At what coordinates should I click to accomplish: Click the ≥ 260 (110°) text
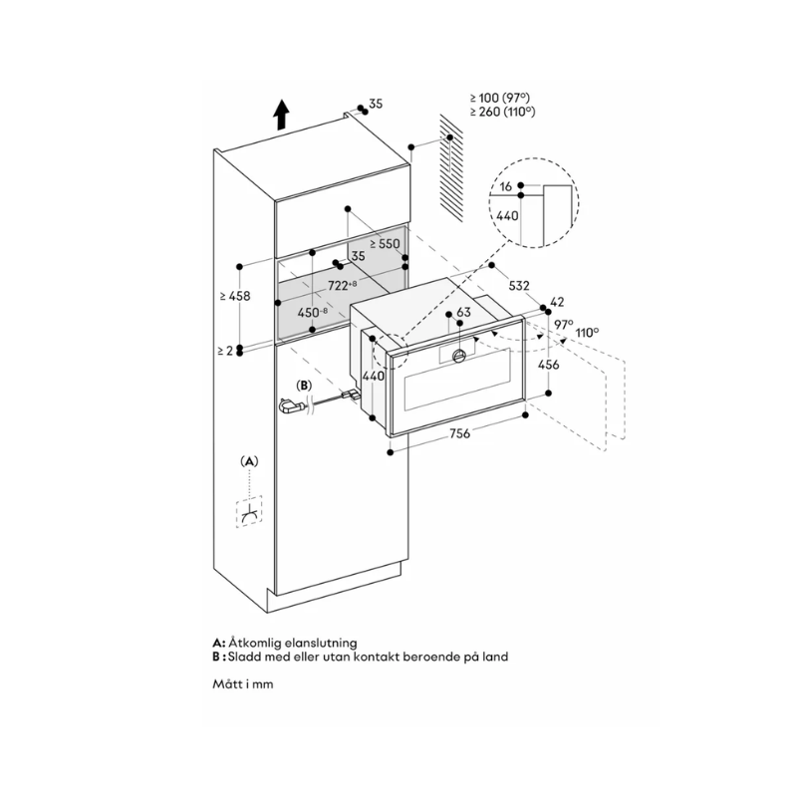pos(503,112)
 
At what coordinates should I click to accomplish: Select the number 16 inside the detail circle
pos(506,186)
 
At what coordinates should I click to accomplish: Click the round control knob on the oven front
pos(459,356)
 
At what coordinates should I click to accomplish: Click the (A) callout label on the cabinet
pos(248,460)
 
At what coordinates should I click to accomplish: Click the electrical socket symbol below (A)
pos(248,512)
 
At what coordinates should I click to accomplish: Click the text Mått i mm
pos(242,684)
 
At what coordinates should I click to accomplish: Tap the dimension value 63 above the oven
pos(462,313)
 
